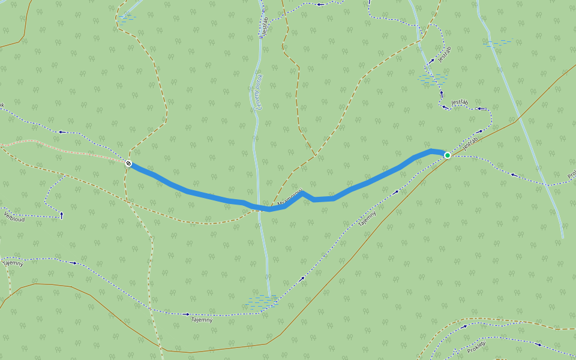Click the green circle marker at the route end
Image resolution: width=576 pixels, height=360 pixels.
447,155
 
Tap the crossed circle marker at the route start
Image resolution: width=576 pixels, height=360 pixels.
128,163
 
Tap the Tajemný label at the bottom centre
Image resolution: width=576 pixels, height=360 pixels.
202,319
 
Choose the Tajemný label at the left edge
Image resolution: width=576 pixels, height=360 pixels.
13,263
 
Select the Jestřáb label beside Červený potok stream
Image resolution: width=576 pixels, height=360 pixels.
263,28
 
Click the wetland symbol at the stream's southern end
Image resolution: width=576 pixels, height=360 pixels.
263,300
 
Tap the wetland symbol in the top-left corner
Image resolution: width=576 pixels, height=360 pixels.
127,19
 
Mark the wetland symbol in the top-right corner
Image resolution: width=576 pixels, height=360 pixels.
499,43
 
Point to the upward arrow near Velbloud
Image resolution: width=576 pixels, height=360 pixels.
61,215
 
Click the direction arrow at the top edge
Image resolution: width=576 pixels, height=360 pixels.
319,4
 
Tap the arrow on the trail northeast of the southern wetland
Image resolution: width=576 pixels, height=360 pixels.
302,278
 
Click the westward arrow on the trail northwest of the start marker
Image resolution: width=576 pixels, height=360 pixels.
62,132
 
